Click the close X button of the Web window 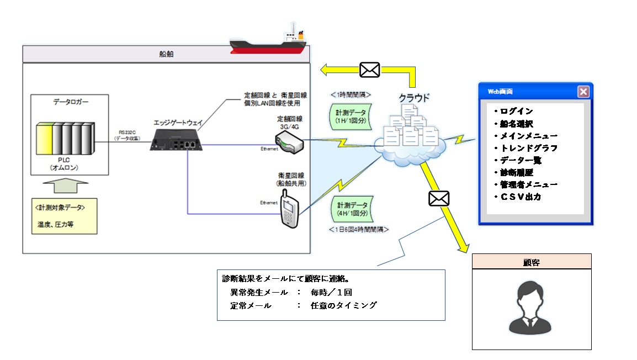583,92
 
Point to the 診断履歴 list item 517,172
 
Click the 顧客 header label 532,262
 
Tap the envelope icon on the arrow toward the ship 369,70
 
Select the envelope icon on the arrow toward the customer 439,198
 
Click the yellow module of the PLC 44,141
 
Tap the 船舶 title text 166,54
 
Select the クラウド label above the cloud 414,98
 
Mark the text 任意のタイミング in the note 343,304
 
